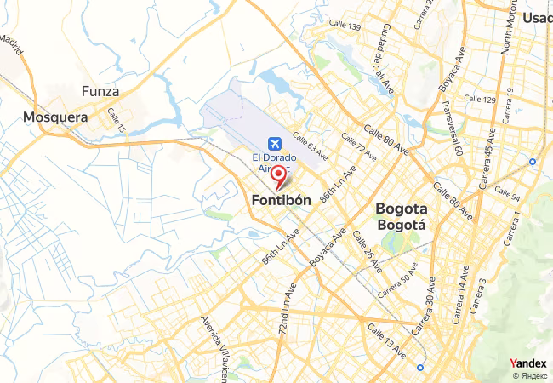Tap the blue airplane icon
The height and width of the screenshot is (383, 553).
[276, 143]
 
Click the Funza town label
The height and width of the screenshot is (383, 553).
[100, 91]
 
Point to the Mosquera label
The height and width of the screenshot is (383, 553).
[55, 117]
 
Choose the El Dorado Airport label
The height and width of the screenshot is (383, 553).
[276, 162]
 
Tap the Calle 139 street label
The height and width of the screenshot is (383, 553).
[343, 26]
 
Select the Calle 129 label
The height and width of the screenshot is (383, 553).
[478, 100]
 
